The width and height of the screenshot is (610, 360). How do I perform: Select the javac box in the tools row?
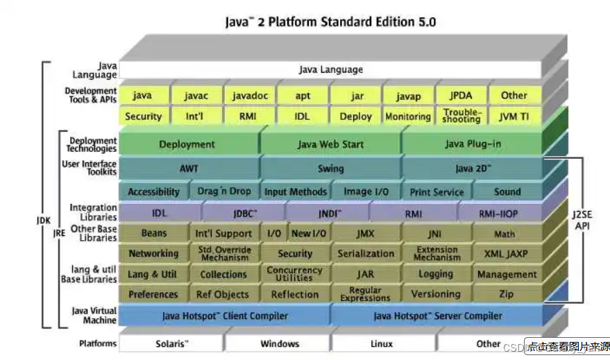[x=195, y=96]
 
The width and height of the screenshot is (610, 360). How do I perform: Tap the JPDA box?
[x=461, y=96]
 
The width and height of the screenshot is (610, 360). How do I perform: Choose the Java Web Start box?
[x=330, y=144]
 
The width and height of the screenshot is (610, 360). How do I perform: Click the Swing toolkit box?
[x=330, y=168]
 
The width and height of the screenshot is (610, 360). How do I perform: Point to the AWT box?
[x=188, y=168]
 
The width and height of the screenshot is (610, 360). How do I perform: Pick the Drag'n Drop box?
[x=224, y=191]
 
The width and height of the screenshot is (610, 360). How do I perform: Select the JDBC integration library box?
[x=244, y=214]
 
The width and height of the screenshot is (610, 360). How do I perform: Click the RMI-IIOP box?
[x=498, y=214]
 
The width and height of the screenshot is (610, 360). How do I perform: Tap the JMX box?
[x=365, y=234]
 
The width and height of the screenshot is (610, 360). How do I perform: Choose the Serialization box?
[x=366, y=254]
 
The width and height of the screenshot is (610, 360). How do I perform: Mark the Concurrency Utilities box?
[x=294, y=274]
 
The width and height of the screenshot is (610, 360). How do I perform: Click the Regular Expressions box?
[x=365, y=294]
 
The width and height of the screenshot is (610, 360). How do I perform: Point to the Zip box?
[x=506, y=294]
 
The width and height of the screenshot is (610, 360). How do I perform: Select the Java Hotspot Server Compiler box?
[x=437, y=316]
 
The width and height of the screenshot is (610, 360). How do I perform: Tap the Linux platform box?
[x=382, y=343]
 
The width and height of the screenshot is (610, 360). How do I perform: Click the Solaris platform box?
[x=171, y=343]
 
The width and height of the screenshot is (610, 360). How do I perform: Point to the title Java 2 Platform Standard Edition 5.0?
[x=330, y=22]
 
